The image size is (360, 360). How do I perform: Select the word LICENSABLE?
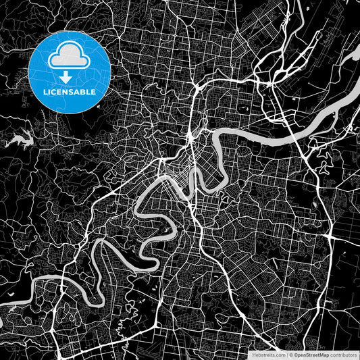click(x=70, y=91)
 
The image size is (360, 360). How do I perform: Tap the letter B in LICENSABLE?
click(x=84, y=91)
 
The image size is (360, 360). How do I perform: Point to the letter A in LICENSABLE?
click(x=78, y=91)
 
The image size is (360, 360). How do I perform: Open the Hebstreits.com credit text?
click(x=269, y=354)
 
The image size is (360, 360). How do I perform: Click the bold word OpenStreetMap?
click(x=313, y=354)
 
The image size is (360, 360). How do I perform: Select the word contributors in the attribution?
click(x=344, y=354)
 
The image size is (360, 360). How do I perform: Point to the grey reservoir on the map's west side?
click(x=20, y=140)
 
